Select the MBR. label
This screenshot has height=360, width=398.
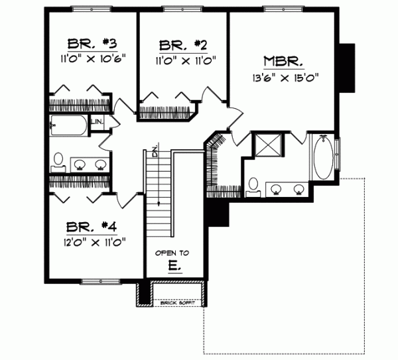(283, 62)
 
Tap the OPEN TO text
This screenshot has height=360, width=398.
(172, 253)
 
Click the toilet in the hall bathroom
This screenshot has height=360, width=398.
(58, 160)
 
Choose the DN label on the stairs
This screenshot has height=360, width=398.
(154, 150)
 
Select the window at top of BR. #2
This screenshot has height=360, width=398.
(182, 9)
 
